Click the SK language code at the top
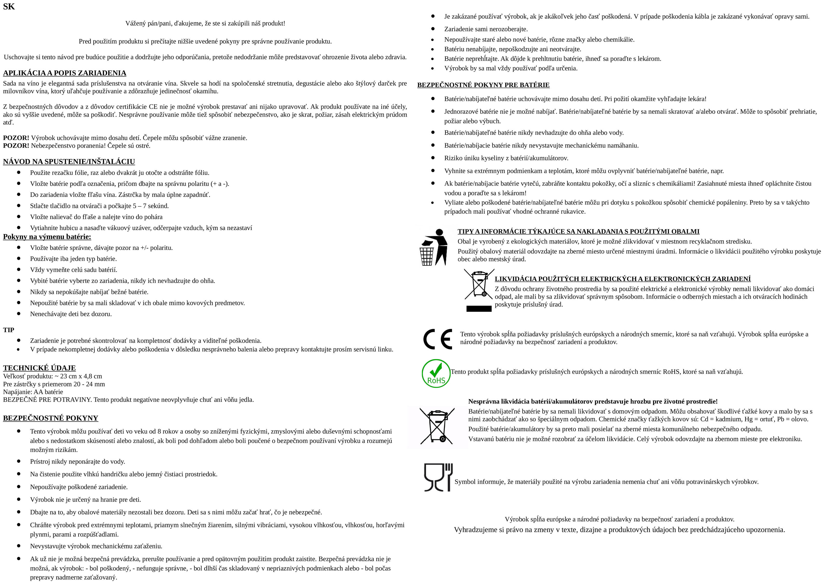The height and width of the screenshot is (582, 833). click(9, 6)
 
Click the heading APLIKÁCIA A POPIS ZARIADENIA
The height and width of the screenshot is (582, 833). click(65, 73)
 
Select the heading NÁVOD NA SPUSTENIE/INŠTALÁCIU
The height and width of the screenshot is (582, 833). click(69, 162)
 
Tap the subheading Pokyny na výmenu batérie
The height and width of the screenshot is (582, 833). click(47, 237)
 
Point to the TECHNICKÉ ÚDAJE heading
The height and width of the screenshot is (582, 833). click(39, 368)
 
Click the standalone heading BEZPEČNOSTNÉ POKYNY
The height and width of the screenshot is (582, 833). click(51, 418)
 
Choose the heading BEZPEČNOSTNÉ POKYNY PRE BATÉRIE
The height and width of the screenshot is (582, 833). click(483, 85)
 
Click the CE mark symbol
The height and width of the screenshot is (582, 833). click(438, 339)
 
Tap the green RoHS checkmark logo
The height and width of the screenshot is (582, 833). click(436, 374)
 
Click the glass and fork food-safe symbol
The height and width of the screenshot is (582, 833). click(438, 477)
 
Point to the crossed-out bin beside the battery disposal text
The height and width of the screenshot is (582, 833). click(437, 426)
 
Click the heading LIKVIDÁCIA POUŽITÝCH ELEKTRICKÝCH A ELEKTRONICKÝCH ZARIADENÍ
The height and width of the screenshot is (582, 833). click(622, 279)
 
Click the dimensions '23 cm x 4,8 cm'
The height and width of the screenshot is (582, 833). click(81, 376)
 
